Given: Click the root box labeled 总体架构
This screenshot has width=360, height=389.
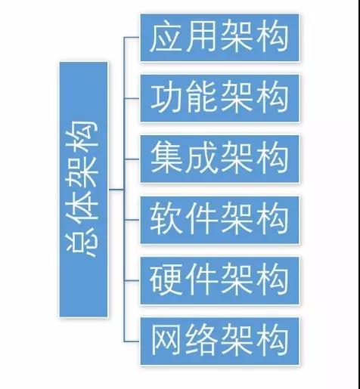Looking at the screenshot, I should pos(83,189).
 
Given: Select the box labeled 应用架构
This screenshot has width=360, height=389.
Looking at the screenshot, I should pos(220,38).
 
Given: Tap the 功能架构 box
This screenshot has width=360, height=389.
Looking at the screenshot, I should pos(220,98).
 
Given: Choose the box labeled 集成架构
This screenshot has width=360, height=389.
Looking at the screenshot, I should pos(220,159).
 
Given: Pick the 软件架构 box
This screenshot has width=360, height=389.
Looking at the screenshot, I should pos(220,219).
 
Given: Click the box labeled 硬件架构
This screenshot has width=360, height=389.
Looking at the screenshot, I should pos(220,279).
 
